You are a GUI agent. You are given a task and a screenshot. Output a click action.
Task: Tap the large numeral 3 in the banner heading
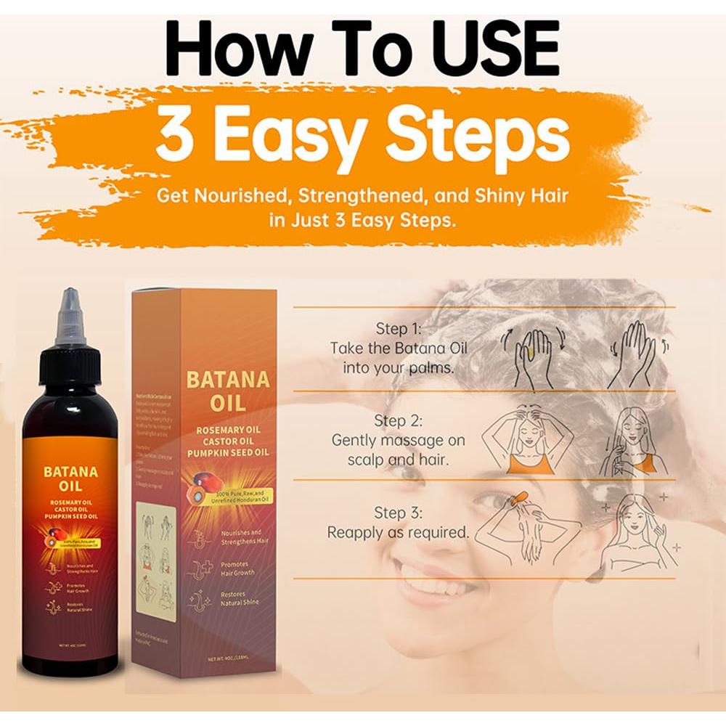point(172,136)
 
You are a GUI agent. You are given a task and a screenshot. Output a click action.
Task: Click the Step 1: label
point(398,328)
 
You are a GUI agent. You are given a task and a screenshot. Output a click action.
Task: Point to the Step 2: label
point(398,420)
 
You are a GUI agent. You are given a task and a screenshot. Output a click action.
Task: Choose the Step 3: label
point(398,513)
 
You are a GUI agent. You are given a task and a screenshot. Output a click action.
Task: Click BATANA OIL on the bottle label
point(71,479)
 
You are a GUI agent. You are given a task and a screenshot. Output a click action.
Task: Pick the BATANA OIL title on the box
point(217,391)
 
